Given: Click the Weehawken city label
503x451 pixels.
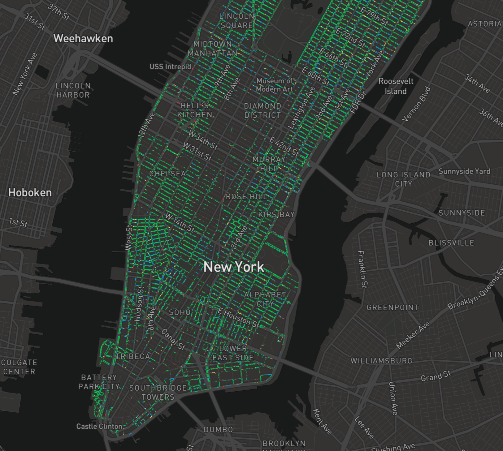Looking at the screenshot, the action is point(83,39).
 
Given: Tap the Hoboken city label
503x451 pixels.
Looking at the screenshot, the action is point(30,193).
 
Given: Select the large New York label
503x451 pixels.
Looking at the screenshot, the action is point(234,267).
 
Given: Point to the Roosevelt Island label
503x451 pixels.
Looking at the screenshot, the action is point(396,86).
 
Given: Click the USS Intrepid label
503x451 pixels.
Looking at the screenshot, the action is point(170,67).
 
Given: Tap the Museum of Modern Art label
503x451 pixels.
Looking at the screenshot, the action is point(275,85).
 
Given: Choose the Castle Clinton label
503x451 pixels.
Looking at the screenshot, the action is point(99,426).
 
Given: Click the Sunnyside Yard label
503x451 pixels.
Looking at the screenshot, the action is point(464,171).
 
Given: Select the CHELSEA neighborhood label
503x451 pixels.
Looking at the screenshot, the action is point(167,174).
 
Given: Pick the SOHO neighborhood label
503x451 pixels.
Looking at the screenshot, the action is point(180,312).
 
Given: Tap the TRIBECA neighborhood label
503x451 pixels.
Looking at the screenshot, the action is point(133,356).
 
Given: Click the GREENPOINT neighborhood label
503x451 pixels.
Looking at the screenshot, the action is point(392,307).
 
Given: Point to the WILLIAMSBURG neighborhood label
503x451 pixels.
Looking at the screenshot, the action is point(381,361).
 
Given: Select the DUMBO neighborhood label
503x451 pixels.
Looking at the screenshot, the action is point(218,430).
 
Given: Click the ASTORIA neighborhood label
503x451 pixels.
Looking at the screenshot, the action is point(484,24).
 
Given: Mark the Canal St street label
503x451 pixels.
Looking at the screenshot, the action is point(173,339).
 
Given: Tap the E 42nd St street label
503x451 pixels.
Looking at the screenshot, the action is point(284,146).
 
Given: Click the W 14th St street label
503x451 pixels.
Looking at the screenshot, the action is point(180,222).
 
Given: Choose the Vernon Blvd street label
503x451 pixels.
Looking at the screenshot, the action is point(416,104).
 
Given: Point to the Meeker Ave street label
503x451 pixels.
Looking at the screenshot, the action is point(413,335).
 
